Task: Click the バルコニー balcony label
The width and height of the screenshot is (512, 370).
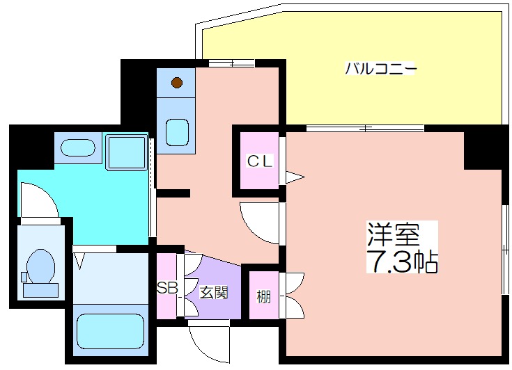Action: [381, 69]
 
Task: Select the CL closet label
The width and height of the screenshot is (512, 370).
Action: [260, 161]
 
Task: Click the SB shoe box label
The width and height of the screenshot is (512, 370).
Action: [166, 287]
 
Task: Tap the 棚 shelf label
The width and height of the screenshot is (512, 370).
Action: [263, 298]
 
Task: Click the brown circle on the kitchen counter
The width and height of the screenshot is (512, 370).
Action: [177, 83]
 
